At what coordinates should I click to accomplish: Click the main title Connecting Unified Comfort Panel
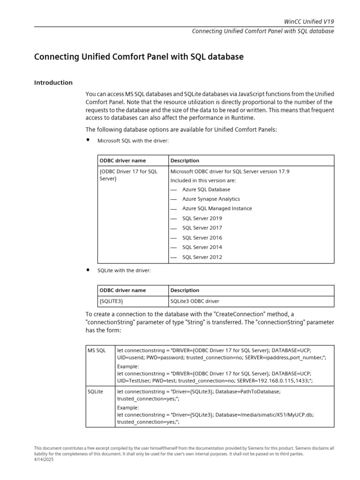(x=139, y=57)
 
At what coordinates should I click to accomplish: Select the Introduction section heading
(x=53, y=83)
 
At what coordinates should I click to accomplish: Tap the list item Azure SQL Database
(x=206, y=189)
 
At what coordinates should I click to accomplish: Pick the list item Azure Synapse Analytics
(x=211, y=199)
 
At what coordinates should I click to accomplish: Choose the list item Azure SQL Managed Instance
(x=217, y=209)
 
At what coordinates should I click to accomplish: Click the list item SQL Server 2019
(x=202, y=218)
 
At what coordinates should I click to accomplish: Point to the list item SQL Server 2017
(x=202, y=228)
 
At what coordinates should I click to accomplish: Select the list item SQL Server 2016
(x=202, y=238)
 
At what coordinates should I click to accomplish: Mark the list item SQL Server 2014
(x=202, y=247)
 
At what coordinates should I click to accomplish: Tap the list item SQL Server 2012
(x=202, y=257)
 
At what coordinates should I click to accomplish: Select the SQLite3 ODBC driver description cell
(x=195, y=301)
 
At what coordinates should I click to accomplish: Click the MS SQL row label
(x=97, y=350)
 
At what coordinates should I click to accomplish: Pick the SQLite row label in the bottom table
(x=96, y=391)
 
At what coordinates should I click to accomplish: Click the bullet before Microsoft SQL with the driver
(x=88, y=140)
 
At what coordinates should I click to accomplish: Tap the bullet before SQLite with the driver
(x=88, y=270)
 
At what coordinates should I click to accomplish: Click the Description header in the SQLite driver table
(x=185, y=291)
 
